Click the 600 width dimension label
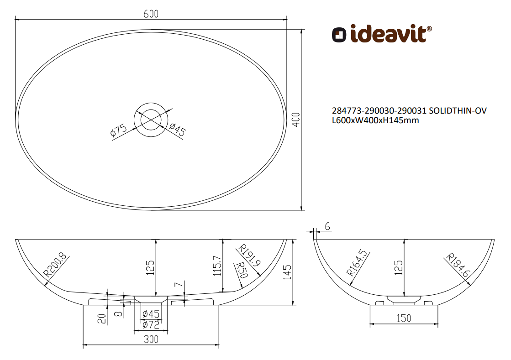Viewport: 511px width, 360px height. pos(151,14)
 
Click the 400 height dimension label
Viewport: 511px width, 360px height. pos(296,120)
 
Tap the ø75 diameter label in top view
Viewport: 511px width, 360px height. pos(119,130)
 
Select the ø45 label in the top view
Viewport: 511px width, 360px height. pos(177,129)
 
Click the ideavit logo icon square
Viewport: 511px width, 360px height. pos(339,35)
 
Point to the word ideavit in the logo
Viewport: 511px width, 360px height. pos(389,34)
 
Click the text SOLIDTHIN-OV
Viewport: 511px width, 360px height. pos(458,111)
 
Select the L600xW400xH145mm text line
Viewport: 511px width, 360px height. pos(375,120)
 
